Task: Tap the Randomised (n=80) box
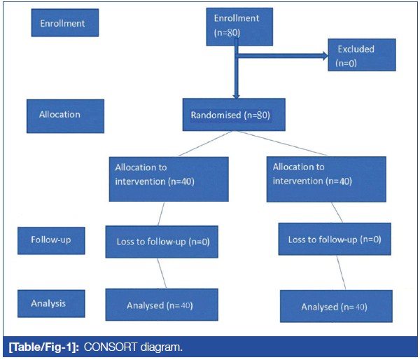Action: click(233, 115)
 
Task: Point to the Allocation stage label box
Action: click(65, 116)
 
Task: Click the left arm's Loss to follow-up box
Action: click(162, 243)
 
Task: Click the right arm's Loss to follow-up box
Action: click(334, 240)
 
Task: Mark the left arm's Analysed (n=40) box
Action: click(161, 305)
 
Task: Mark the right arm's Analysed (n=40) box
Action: click(332, 307)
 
